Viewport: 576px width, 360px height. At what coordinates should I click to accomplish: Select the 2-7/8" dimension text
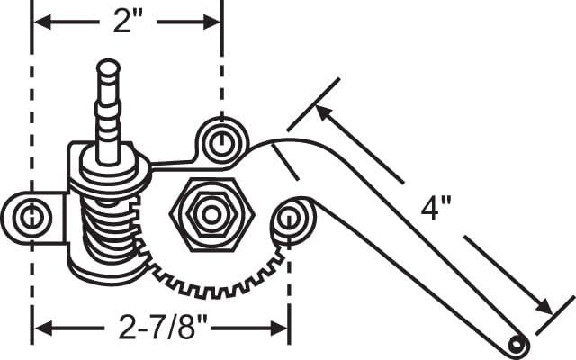[163, 327]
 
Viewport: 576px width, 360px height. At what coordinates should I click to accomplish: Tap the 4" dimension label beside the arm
[436, 208]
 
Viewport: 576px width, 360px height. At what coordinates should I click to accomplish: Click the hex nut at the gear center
[211, 215]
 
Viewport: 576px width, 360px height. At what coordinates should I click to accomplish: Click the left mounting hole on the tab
[31, 217]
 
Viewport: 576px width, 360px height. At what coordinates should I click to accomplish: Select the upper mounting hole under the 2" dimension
[221, 141]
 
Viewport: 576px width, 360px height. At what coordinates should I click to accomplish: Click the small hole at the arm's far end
[517, 345]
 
